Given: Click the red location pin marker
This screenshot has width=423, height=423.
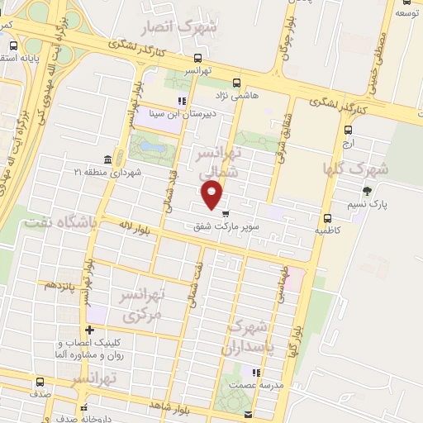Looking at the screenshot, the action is point(212,195).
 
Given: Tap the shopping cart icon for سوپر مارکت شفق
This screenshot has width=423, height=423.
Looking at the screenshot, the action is point(226,214).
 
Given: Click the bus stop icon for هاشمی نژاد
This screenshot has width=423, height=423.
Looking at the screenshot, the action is point(237,83).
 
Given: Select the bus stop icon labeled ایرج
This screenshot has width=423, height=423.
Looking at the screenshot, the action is point(347,130).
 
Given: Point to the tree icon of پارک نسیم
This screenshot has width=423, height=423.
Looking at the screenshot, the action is point(367,191).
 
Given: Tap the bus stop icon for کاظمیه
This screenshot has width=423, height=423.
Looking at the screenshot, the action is point(328,219).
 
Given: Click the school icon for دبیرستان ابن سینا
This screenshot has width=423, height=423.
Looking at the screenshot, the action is point(182,102).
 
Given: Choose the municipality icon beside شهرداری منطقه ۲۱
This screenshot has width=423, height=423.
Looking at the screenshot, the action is point(108,159).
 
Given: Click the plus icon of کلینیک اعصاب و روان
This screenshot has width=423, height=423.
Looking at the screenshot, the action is point(91,330).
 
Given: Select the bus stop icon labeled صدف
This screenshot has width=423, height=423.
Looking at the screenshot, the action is point(40,382).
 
